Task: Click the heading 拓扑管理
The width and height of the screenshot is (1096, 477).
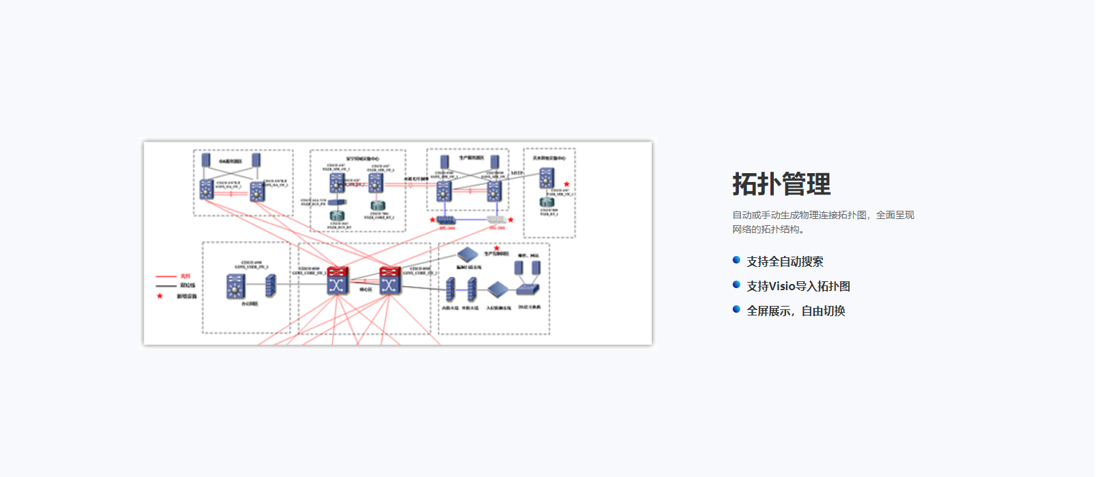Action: [781, 184]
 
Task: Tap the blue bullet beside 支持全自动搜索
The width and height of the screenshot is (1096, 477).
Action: [736, 260]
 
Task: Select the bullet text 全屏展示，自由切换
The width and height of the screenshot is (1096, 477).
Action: [796, 311]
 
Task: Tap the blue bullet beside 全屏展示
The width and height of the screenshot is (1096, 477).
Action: [736, 309]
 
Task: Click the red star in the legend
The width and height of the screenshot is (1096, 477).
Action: [160, 296]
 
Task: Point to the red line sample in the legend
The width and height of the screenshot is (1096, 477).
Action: [166, 276]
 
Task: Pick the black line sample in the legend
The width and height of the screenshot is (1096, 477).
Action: [166, 286]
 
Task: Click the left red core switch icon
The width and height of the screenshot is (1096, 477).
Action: [337, 281]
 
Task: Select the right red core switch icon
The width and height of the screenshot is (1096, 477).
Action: [390, 281]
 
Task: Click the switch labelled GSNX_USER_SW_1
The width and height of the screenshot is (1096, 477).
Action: [235, 286]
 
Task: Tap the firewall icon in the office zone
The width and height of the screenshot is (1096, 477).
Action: [271, 285]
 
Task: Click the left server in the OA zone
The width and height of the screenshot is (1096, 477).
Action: [206, 160]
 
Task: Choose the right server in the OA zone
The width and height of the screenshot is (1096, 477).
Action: [256, 160]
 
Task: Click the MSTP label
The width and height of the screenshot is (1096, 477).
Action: [517, 173]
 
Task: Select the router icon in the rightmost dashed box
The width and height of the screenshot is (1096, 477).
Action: [547, 202]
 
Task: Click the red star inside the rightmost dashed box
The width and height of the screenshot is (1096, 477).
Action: [566, 185]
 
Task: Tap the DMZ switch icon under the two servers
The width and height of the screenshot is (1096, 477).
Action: [527, 289]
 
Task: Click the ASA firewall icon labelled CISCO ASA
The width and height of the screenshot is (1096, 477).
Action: [337, 202]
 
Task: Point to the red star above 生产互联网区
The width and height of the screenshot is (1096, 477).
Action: [497, 248]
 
